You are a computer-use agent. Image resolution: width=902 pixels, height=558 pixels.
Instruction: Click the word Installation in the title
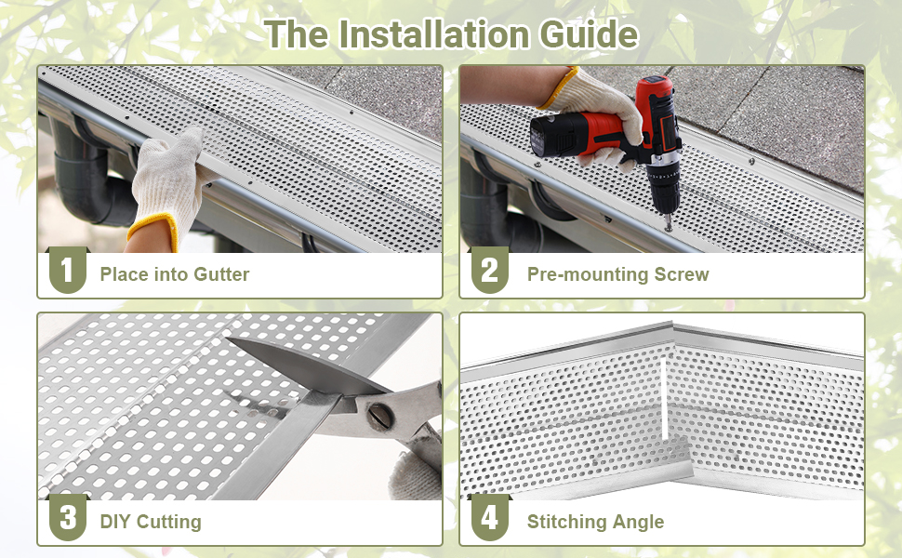(435, 34)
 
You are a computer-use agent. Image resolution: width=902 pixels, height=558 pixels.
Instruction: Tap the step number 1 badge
(67, 271)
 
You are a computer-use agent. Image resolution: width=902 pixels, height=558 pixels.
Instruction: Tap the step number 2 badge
(489, 271)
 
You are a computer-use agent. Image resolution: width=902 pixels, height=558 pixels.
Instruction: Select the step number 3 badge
(67, 518)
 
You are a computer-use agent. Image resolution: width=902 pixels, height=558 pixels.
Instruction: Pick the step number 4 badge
(489, 518)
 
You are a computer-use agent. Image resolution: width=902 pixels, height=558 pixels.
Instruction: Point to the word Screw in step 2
(681, 274)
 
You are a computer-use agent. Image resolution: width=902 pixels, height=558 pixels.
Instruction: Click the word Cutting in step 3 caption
(169, 522)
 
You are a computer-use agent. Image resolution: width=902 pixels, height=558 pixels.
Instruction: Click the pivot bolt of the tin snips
(378, 416)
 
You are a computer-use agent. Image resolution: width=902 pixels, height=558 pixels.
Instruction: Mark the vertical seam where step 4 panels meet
(664, 391)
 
